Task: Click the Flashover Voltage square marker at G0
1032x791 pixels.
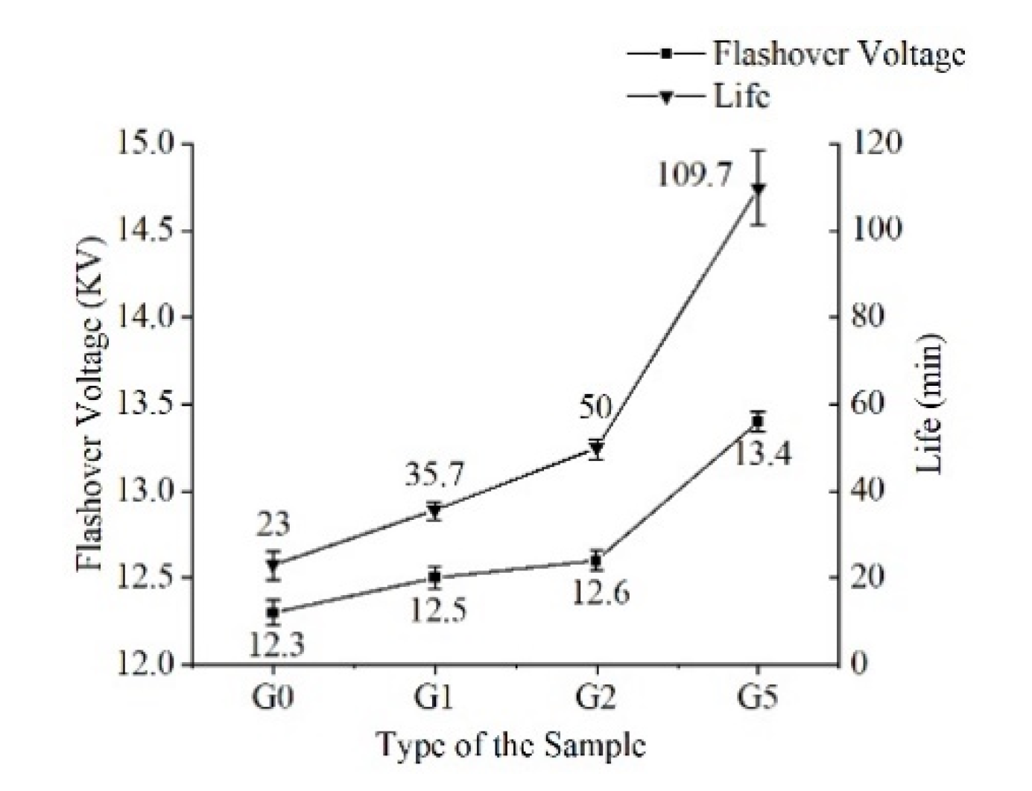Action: click(273, 612)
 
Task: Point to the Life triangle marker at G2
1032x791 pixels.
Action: click(596, 448)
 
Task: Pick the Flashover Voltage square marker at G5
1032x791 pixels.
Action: click(758, 422)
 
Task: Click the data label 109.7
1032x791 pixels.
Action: click(694, 176)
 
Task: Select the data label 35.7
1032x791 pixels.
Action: click(435, 474)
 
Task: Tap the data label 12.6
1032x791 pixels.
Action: click(601, 593)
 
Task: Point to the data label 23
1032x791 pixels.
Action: click(273, 525)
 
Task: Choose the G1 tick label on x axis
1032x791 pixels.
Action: click(434, 699)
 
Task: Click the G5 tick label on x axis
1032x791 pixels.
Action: click(758, 699)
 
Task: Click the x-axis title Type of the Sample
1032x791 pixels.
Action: click(510, 745)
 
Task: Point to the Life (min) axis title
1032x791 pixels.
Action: click(928, 404)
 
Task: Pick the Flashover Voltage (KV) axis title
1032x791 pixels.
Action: click(92, 404)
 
